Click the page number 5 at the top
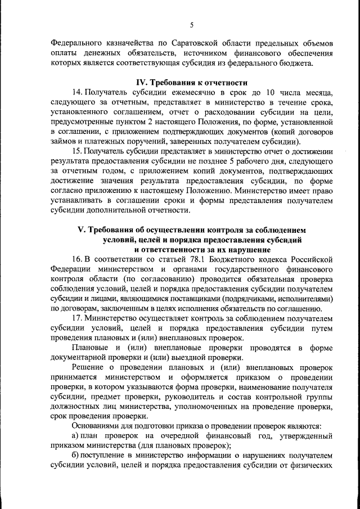[192, 25]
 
